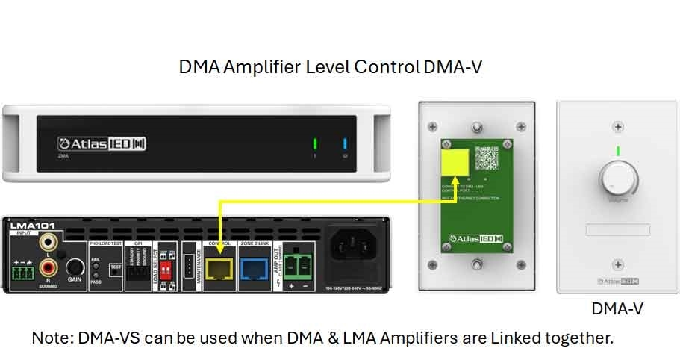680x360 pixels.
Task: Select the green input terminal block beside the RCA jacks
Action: click(23, 273)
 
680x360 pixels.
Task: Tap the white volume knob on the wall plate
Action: click(617, 180)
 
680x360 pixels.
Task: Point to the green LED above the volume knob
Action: click(617, 152)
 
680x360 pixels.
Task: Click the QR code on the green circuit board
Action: click(487, 158)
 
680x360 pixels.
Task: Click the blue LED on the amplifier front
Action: click(345, 143)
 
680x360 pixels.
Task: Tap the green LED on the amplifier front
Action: click(315, 143)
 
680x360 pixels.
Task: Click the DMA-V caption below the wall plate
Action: click(617, 308)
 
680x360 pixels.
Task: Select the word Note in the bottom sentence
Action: click(49, 338)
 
